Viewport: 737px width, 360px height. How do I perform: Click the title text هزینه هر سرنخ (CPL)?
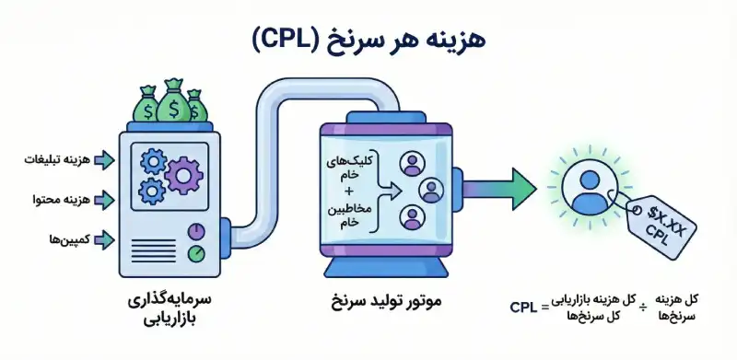pyautogui.click(x=368, y=40)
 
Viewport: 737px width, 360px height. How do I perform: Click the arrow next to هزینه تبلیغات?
pyautogui.click(x=104, y=160)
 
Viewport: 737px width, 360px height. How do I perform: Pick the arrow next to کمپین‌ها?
pyautogui.click(x=104, y=238)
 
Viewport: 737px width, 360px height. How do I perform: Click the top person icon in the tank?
pyautogui.click(x=409, y=164)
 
